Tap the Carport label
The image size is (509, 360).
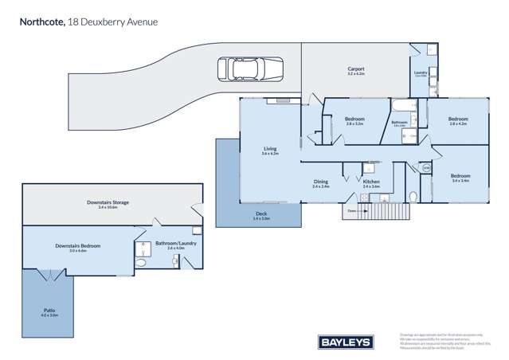[355, 71]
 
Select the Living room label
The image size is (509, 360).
[270, 150]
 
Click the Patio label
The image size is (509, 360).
[49, 311]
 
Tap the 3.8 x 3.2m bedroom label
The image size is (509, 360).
[354, 122]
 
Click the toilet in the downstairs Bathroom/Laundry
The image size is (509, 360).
[140, 262]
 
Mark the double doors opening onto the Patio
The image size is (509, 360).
[49, 275]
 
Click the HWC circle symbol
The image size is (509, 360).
[426, 168]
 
